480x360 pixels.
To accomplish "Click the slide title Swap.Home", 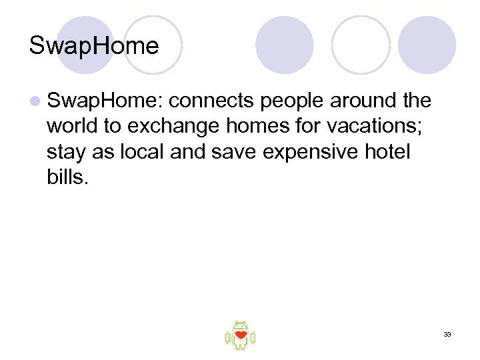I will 94,46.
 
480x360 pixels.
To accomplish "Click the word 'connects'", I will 211,101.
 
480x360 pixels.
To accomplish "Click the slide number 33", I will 447,334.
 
